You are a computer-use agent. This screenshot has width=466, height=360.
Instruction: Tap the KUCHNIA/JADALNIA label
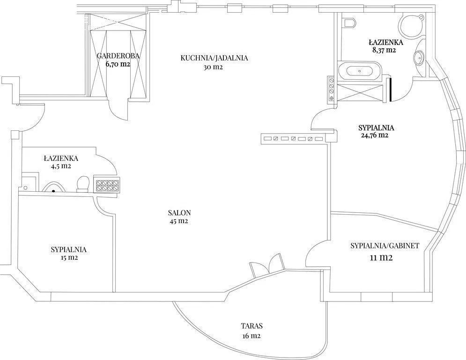[214, 58]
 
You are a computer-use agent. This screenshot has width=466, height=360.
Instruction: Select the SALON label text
[179, 213]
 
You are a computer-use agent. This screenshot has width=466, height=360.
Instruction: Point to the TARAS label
[251, 326]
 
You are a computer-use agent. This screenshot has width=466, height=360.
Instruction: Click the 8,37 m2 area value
[384, 50]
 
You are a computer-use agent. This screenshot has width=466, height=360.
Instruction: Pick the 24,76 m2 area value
[374, 135]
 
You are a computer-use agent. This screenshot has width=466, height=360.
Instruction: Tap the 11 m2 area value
[381, 258]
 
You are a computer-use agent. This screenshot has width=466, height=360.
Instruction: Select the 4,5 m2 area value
[61, 166]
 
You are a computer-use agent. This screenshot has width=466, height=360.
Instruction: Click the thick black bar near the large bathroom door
[390, 90]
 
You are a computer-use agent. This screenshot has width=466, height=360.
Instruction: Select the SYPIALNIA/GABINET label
[385, 246]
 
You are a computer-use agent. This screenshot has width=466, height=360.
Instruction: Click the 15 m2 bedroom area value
[69, 258]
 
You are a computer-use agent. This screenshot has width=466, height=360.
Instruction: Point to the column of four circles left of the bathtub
[332, 89]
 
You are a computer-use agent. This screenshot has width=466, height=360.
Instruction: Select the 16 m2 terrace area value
[251, 336]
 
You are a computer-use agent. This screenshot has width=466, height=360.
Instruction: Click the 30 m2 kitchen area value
[213, 67]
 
